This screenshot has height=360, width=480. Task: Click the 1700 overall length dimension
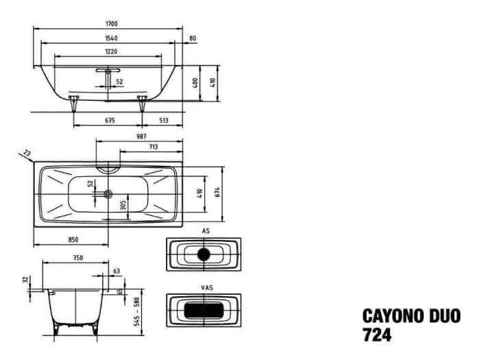[111, 23]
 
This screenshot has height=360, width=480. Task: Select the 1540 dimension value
[111, 38]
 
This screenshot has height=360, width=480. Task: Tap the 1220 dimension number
[111, 51]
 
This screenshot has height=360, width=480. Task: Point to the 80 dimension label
[193, 38]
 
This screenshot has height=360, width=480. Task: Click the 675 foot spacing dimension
[110, 120]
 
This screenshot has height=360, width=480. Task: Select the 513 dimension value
[164, 120]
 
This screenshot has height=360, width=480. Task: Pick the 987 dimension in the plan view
[141, 136]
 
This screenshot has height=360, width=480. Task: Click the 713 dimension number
[154, 147]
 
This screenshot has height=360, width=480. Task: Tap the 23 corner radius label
[27, 152]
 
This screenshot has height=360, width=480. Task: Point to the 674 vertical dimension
[217, 192]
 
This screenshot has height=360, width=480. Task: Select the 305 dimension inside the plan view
[123, 205]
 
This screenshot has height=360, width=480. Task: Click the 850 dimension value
[73, 240]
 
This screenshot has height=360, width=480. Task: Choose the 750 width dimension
[78, 258]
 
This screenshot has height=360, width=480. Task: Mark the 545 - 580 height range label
[137, 311]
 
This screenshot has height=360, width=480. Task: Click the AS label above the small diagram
[206, 231]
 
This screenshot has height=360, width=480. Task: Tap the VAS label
[207, 288]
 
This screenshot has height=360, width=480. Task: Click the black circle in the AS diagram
[204, 254]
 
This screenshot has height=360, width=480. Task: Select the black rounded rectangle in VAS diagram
[204, 310]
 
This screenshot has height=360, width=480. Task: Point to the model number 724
[377, 335]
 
